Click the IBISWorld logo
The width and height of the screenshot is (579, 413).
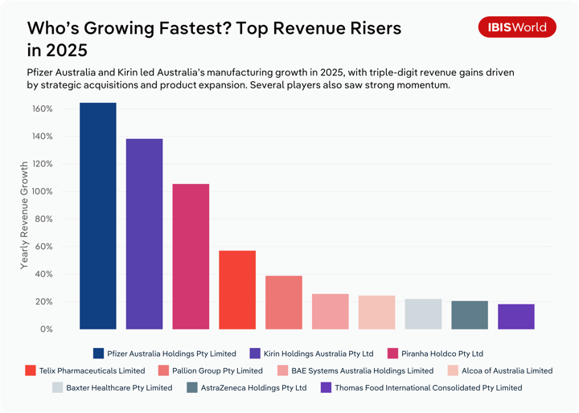tap(517, 27)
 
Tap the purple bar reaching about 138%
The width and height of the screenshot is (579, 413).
tap(144, 234)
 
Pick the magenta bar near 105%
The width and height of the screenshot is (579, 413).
tap(191, 256)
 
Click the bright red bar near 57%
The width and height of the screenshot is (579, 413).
tap(237, 289)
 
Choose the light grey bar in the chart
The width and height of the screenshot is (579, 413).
tap(423, 314)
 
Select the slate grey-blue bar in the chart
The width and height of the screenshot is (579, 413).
tap(470, 315)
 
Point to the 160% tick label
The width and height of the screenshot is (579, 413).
tap(43, 109)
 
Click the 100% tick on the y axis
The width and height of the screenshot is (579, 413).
tap(43, 192)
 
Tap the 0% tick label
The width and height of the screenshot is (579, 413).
tap(46, 329)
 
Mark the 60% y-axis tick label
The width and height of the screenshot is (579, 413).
tap(44, 247)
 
